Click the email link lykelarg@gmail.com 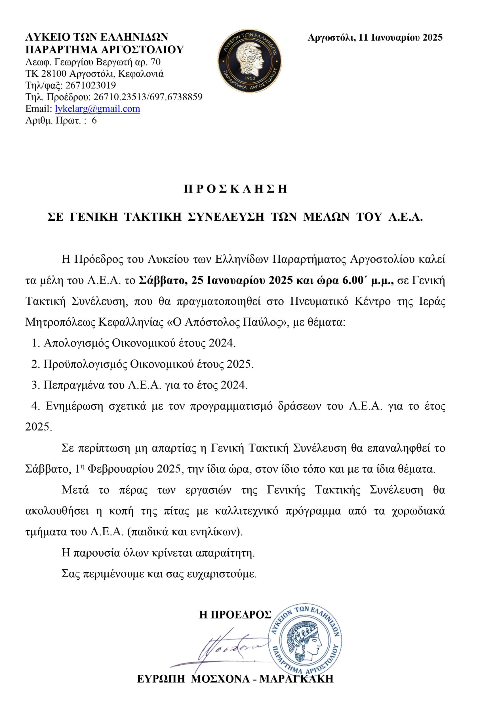click(x=97, y=109)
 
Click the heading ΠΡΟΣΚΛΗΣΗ click(x=235, y=189)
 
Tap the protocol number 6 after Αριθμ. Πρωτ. click(x=94, y=120)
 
